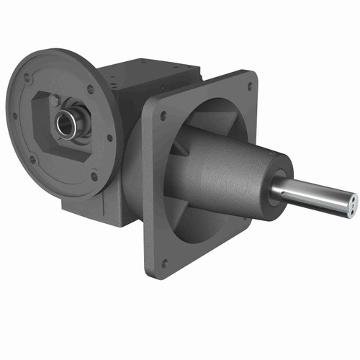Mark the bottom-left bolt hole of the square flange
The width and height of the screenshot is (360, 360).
[x=164, y=264]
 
